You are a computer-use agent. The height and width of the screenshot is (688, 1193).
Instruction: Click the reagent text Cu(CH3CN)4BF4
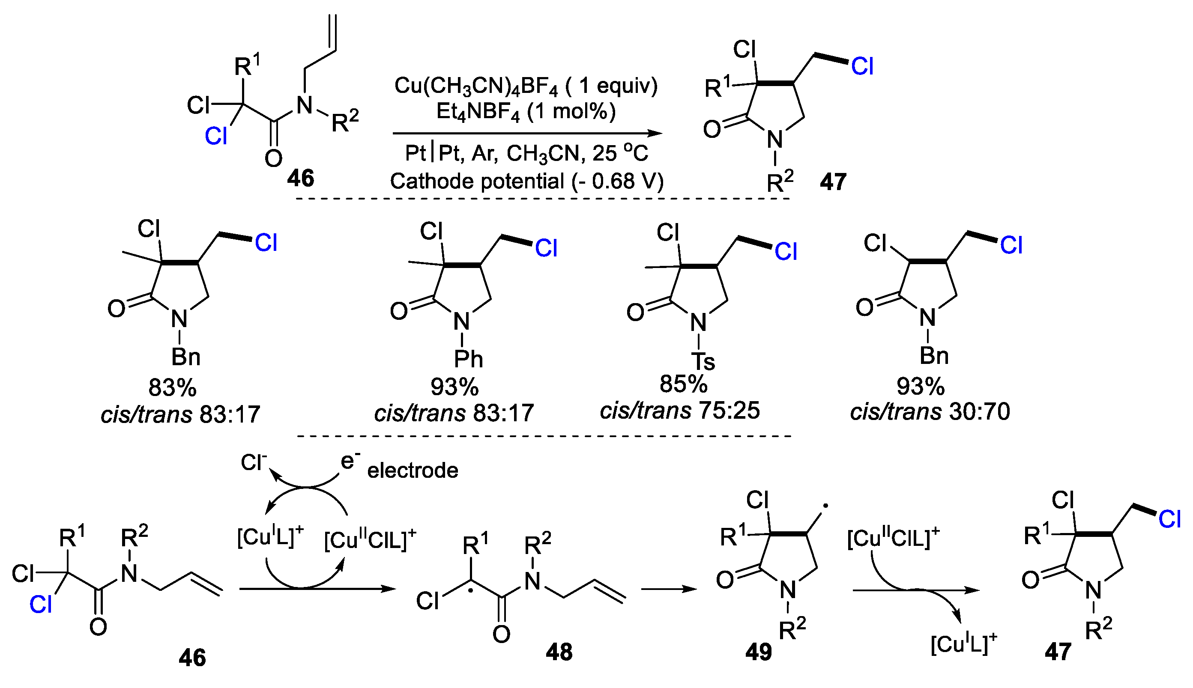[x=476, y=86]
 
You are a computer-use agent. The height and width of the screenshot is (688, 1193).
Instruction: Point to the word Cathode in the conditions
[x=430, y=182]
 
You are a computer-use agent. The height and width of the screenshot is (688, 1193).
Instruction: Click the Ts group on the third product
[x=703, y=361]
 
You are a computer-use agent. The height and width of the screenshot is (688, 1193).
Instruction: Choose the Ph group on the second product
[x=468, y=360]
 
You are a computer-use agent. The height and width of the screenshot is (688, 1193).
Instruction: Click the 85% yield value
[x=684, y=384]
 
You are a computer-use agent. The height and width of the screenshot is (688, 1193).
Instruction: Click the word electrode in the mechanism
[x=413, y=471]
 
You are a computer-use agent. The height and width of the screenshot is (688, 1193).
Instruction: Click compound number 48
[x=559, y=652]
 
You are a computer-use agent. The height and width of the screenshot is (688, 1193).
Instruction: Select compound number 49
[x=758, y=652]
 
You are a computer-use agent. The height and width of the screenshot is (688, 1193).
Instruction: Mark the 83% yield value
[x=172, y=387]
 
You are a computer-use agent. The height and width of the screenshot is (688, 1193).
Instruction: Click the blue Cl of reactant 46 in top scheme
[x=216, y=137]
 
